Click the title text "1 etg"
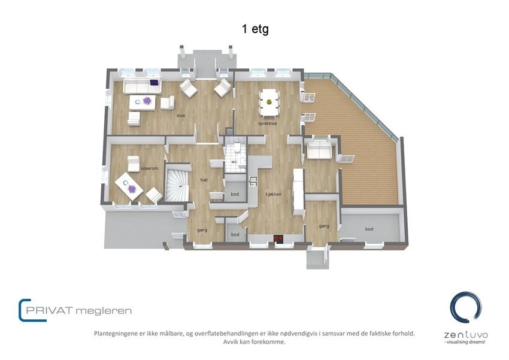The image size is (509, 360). [255, 29]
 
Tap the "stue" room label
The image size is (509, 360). [180, 116]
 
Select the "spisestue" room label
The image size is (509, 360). [266, 124]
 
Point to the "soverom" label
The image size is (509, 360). [149, 169]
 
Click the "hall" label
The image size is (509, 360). [204, 179]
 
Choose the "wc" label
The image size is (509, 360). [234, 162]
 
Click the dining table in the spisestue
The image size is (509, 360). [269, 102]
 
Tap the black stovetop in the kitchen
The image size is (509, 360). [278, 240]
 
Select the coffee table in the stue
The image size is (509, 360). [142, 103]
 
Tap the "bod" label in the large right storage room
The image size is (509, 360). [369, 229]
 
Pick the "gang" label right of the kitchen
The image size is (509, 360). [324, 226]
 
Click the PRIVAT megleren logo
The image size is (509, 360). [75, 310]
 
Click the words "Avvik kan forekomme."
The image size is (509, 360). [255, 342]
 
